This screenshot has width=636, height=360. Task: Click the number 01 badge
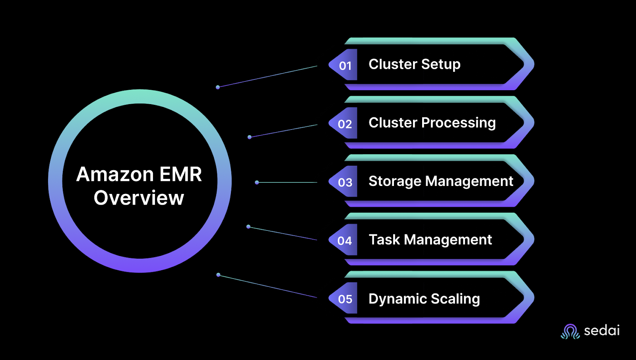(343, 65)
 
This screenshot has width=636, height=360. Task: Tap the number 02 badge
(343, 123)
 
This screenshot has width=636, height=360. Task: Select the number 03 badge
(343, 182)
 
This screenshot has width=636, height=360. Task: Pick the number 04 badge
(343, 240)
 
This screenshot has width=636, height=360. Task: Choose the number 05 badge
(343, 298)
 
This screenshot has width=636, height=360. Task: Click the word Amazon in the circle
(115, 174)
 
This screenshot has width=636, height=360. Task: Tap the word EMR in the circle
(180, 174)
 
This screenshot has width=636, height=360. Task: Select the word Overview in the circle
(139, 197)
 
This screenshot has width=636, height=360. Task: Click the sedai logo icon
(570, 331)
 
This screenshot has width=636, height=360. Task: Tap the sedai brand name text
(602, 331)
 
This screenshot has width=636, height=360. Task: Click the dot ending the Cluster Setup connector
(218, 87)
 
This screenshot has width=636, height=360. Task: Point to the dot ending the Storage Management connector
(257, 182)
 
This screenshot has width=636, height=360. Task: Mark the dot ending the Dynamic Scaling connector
(218, 275)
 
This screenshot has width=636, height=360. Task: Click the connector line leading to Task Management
(283, 233)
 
